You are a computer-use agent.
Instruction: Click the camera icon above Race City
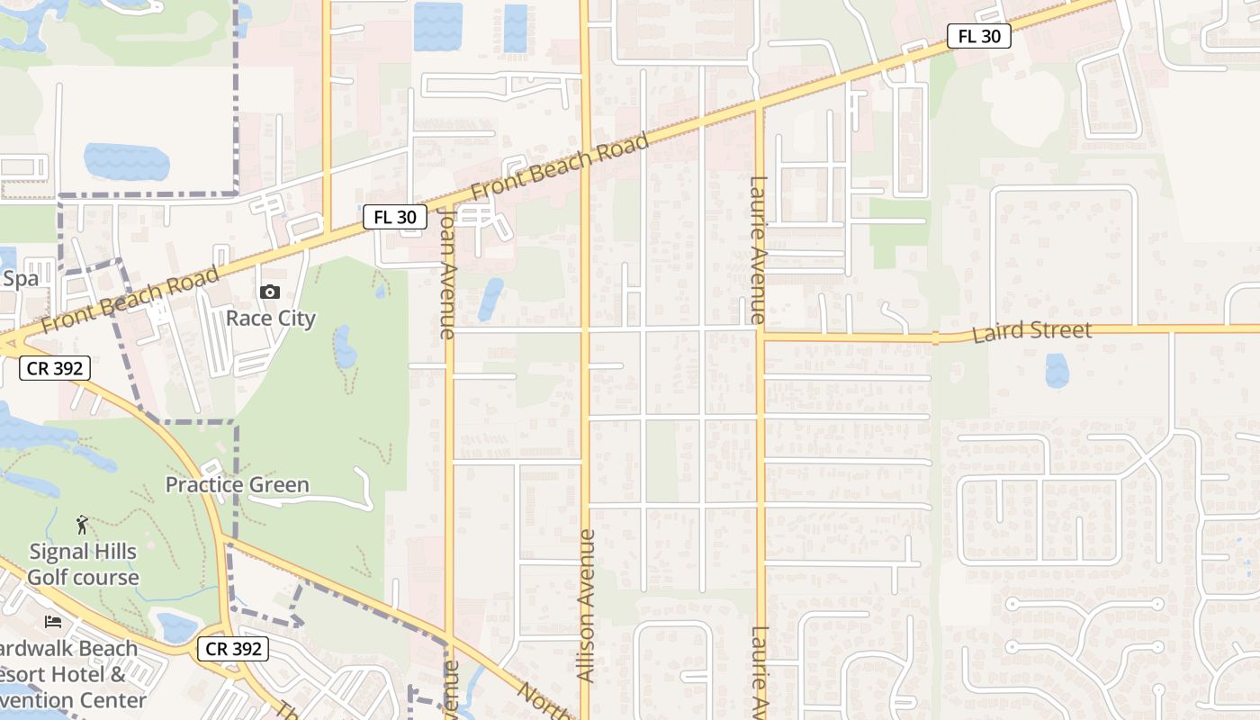(270, 292)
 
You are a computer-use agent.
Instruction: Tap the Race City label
(270, 319)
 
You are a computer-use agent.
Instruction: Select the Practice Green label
(237, 485)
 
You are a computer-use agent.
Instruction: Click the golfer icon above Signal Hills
(83, 524)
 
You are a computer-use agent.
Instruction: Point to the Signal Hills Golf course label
(83, 564)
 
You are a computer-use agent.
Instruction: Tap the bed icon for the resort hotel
(53, 622)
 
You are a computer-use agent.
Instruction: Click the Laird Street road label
(1031, 331)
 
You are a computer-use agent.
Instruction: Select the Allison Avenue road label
(586, 605)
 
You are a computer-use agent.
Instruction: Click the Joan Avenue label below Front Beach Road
(447, 274)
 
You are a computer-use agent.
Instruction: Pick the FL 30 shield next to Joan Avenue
(395, 217)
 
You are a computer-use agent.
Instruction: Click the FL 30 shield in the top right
(979, 36)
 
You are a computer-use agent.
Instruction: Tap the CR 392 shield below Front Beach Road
(56, 367)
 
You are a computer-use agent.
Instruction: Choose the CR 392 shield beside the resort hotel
(234, 648)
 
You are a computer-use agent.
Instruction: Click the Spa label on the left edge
(20, 279)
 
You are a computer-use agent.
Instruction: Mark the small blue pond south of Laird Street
(1057, 370)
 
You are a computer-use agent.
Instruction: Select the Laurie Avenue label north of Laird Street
(757, 250)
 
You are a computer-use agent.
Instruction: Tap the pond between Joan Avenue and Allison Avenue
(490, 299)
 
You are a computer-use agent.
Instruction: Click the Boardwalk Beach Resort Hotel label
(72, 673)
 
